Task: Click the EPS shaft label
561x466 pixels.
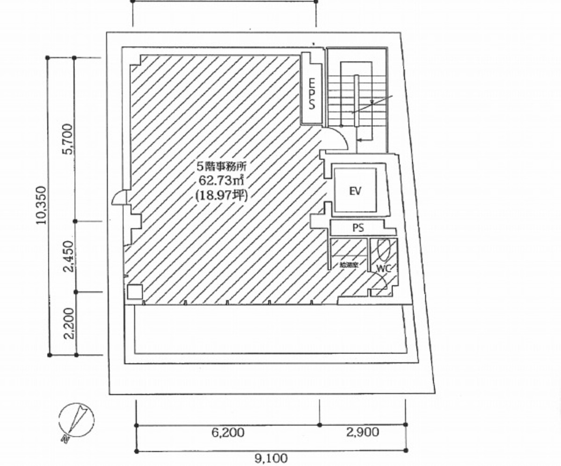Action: click(x=311, y=94)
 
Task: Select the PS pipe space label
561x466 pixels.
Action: click(x=358, y=228)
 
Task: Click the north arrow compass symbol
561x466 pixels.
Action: click(x=77, y=419)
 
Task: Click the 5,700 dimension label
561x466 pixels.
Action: click(x=68, y=139)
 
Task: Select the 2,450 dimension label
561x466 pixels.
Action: click(x=68, y=256)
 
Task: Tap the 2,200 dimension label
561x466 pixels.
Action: click(x=68, y=323)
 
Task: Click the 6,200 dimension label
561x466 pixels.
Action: click(x=228, y=432)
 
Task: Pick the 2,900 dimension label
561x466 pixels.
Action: click(x=363, y=432)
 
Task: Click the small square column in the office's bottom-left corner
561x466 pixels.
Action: click(x=134, y=292)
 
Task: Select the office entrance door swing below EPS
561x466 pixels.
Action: click(x=336, y=139)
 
